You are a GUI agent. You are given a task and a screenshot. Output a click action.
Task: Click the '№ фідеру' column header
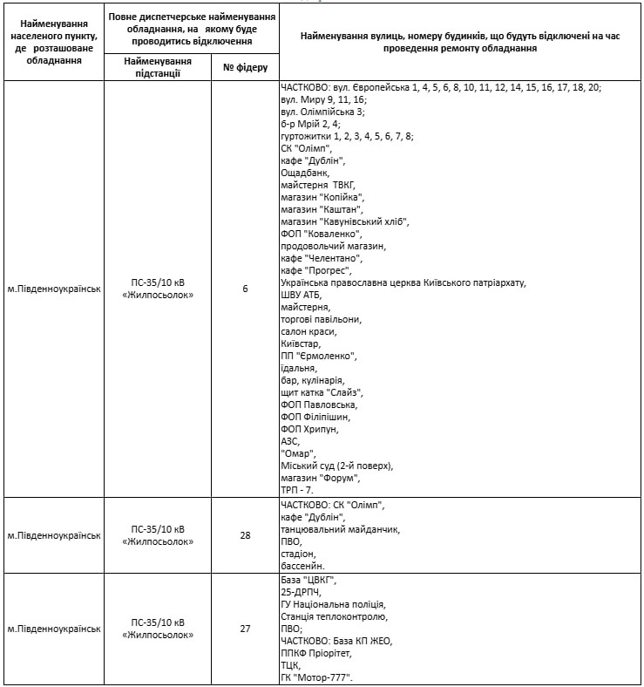[x=245, y=67]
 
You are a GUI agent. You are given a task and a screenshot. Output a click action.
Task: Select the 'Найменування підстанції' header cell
[x=157, y=67]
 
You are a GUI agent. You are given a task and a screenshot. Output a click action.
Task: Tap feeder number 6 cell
[x=245, y=289]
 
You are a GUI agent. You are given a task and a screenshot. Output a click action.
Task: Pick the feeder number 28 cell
[x=245, y=535]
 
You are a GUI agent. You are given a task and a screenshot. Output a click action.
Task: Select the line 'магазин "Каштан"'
[x=315, y=209]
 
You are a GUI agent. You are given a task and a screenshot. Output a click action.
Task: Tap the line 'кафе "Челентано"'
[x=321, y=258]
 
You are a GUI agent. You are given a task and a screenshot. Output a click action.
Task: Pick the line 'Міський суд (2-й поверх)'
[x=336, y=466]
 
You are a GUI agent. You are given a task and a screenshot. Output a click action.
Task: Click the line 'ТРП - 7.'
[x=297, y=491]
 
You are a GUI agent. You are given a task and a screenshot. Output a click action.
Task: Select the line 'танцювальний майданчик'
[x=340, y=529]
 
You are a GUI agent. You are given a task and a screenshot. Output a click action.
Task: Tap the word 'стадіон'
[x=298, y=554]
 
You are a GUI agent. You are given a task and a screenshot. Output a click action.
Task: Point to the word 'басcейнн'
[x=302, y=566]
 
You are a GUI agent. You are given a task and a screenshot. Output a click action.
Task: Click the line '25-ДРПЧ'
[x=302, y=592]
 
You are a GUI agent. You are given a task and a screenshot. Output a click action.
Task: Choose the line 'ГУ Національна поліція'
[x=333, y=604]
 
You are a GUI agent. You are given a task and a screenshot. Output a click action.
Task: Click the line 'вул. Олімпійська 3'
[x=322, y=112]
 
